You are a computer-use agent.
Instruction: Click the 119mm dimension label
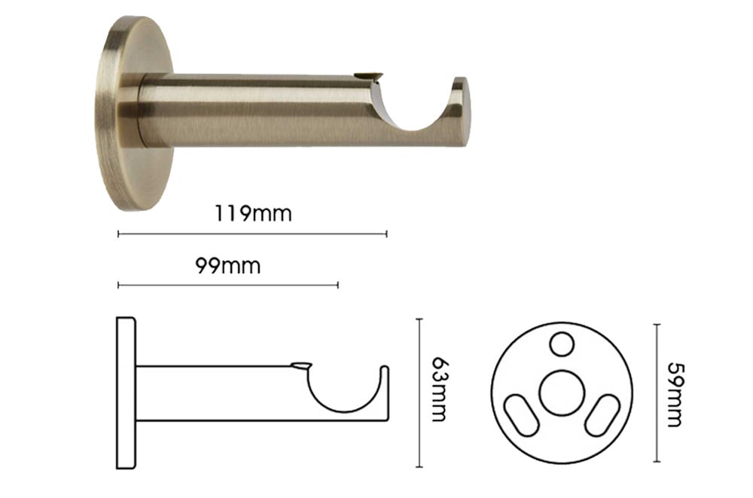(x=252, y=213)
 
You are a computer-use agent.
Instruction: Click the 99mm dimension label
(x=228, y=266)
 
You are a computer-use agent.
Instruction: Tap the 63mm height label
(x=439, y=390)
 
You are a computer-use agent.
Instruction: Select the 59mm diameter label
(x=675, y=395)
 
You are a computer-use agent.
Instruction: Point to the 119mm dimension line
(x=252, y=234)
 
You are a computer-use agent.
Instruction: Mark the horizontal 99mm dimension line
(x=228, y=285)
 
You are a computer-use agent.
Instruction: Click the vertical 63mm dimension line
(x=419, y=393)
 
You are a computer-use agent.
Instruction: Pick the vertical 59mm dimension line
(x=657, y=393)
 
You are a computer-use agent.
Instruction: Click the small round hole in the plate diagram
(x=562, y=344)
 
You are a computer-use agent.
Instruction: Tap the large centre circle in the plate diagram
(x=562, y=393)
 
